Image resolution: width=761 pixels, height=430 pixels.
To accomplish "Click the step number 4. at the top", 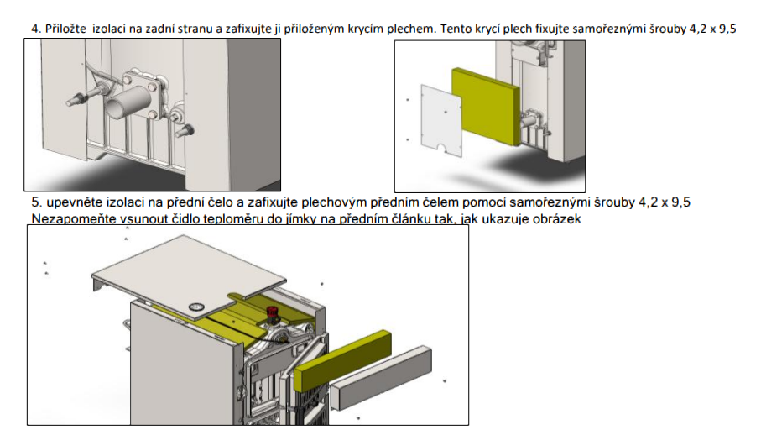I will click(x=36, y=29).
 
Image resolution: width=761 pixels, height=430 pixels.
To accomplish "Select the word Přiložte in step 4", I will click(x=65, y=29).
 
